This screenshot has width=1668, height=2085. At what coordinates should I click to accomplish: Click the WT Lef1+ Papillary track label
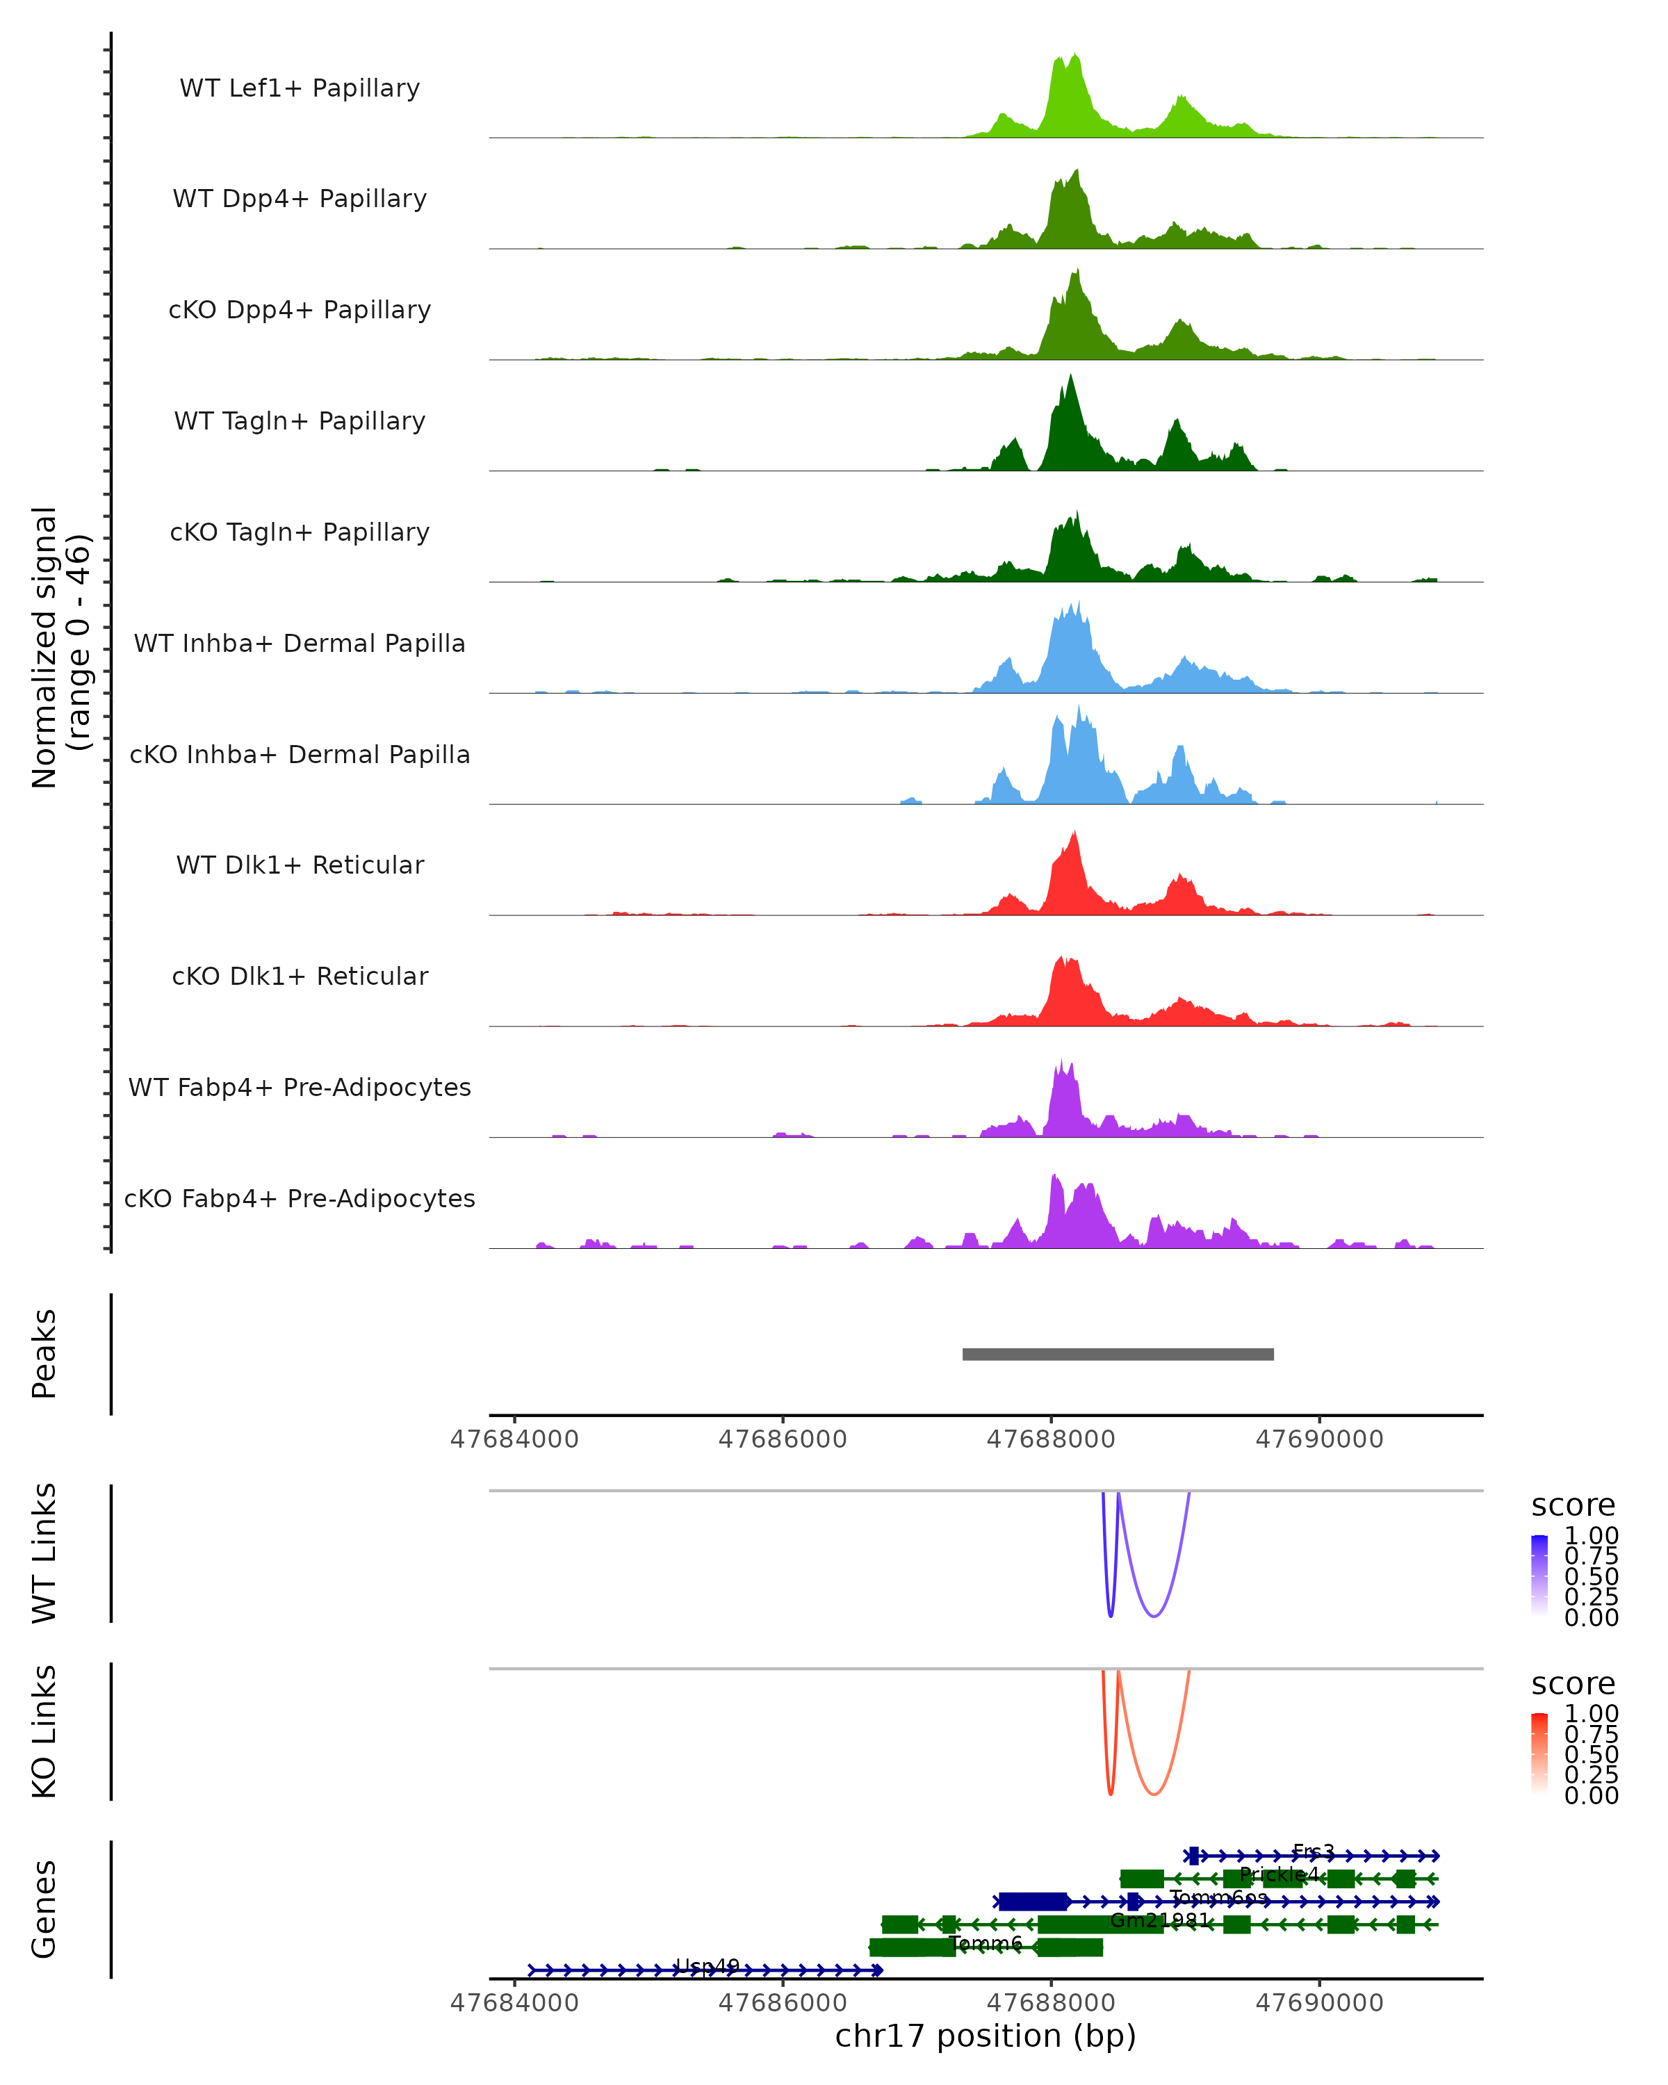[300, 88]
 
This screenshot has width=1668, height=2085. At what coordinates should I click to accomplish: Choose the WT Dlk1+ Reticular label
[300, 865]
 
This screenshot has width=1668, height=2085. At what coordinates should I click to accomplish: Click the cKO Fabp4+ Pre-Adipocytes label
[300, 1198]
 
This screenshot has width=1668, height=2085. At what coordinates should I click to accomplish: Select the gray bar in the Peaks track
[1118, 1354]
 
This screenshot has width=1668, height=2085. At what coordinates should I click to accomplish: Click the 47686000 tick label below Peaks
[783, 1439]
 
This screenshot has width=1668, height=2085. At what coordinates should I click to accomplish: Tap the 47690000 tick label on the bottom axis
[1319, 2003]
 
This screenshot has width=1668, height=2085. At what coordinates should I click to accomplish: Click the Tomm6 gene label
[986, 1943]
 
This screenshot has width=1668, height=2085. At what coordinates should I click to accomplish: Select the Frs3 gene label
[1313, 1851]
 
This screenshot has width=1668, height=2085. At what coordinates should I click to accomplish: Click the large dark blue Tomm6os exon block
[1033, 1902]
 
